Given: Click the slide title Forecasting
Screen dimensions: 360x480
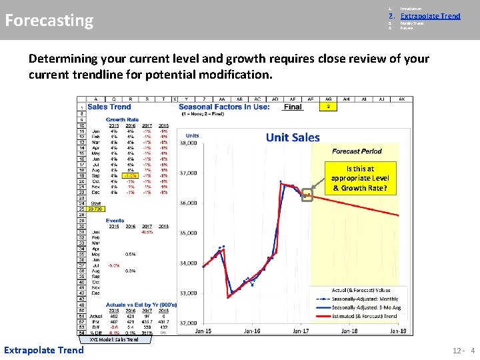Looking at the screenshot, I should tap(49, 20).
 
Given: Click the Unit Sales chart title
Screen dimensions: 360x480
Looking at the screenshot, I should tap(293, 137).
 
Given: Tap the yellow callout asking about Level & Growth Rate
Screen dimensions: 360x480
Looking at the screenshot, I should tap(360, 179).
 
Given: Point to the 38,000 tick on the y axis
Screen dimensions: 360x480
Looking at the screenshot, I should tap(189, 143).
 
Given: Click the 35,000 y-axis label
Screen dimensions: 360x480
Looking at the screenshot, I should tap(189, 233).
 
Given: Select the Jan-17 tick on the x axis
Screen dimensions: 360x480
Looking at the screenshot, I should tap(301, 331).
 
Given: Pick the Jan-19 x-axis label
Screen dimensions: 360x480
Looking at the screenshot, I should tap(398, 331).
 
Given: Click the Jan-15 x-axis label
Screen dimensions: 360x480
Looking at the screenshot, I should tap(203, 331).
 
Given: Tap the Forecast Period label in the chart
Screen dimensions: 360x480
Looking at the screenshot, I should tap(357, 151).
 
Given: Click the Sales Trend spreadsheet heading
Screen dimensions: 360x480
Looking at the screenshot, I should tap(109, 107).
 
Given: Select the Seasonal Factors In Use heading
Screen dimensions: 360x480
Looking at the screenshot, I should tap(224, 107).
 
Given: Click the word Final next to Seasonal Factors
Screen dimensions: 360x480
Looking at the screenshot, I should tap(292, 107).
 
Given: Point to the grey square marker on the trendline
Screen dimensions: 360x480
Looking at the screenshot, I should tap(307, 196).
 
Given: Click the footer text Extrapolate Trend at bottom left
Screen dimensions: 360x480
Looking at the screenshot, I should tap(44, 350).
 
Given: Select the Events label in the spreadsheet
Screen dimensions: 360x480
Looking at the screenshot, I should tap(115, 220).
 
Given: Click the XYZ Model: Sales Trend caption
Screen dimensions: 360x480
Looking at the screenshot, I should tap(114, 340).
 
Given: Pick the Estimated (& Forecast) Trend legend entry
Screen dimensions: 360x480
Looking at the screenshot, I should tap(363, 316).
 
